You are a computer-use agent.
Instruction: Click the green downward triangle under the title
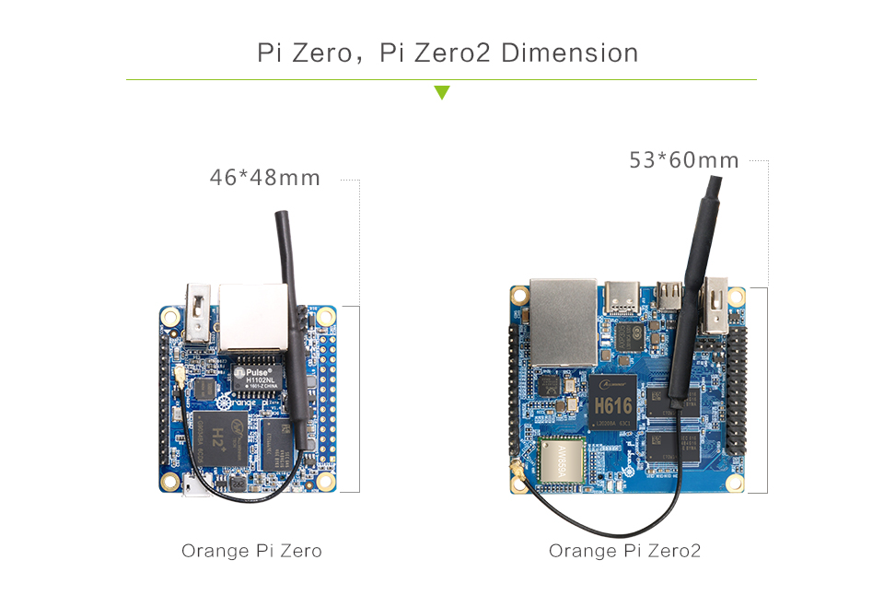(442, 92)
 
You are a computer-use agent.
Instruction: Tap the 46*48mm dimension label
(265, 177)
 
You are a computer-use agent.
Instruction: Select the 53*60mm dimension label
(684, 160)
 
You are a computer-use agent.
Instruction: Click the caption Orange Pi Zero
(251, 551)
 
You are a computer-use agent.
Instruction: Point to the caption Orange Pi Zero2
(624, 551)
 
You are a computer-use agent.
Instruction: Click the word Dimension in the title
(570, 52)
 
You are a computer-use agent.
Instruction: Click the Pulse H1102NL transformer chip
(261, 373)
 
